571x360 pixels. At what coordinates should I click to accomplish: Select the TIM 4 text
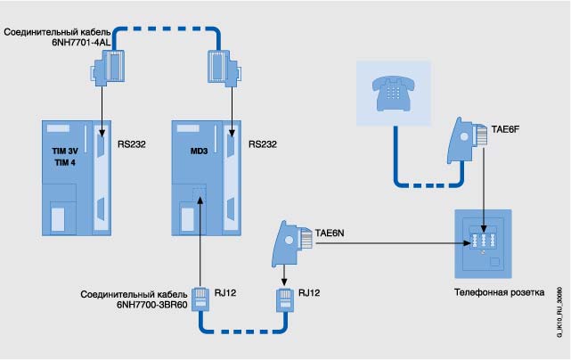63,164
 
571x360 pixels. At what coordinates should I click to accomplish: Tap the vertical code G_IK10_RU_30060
559,308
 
